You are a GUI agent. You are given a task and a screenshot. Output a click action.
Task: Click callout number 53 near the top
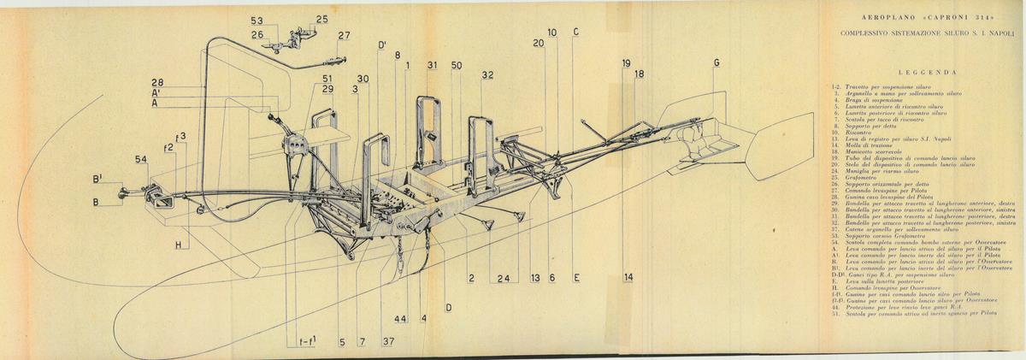pos(257,20)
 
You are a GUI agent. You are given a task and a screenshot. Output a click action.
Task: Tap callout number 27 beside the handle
pos(343,36)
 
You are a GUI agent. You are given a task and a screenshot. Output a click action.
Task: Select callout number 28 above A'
pos(158,82)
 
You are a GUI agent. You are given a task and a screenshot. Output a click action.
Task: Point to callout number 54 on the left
pos(141,160)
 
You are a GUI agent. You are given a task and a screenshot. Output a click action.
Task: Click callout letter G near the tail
pos(716,63)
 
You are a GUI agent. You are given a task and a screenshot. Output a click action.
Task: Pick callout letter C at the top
pos(576,32)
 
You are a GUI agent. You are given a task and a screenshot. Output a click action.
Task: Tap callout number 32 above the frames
pos(487,75)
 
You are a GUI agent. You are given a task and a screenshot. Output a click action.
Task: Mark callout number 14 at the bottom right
pos(628,277)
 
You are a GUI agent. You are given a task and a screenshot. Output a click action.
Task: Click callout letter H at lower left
pos(179,245)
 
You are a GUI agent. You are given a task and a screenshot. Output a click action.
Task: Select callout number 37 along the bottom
pos(389,342)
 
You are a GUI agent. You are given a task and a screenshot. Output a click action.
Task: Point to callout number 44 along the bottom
pos(400,318)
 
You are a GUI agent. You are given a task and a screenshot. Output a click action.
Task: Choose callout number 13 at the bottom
pos(535,278)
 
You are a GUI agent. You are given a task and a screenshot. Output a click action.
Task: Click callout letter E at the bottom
pos(577,278)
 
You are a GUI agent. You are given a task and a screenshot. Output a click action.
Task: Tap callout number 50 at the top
pos(457,65)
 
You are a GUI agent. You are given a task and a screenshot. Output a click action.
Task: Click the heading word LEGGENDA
pos(927,74)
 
